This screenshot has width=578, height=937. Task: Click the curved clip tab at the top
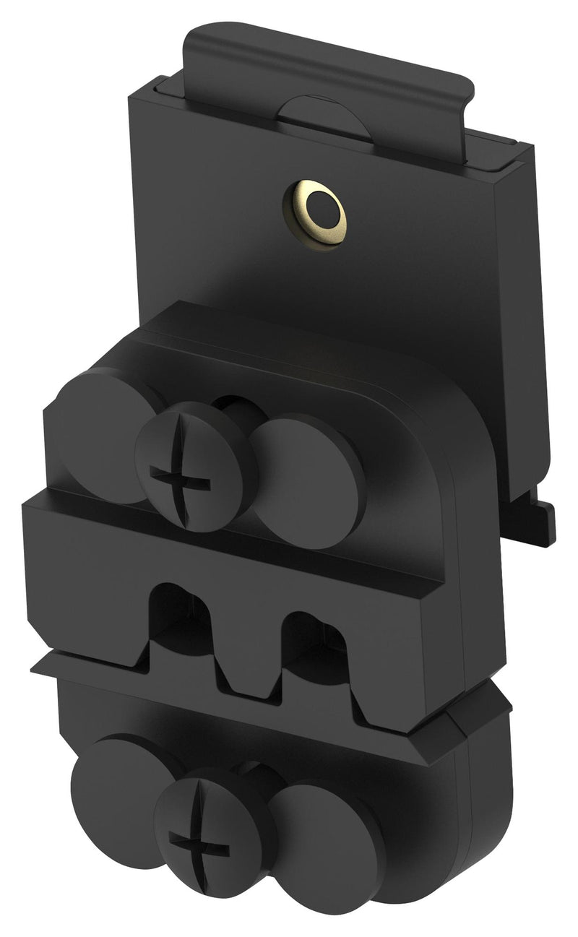(x=325, y=65)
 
